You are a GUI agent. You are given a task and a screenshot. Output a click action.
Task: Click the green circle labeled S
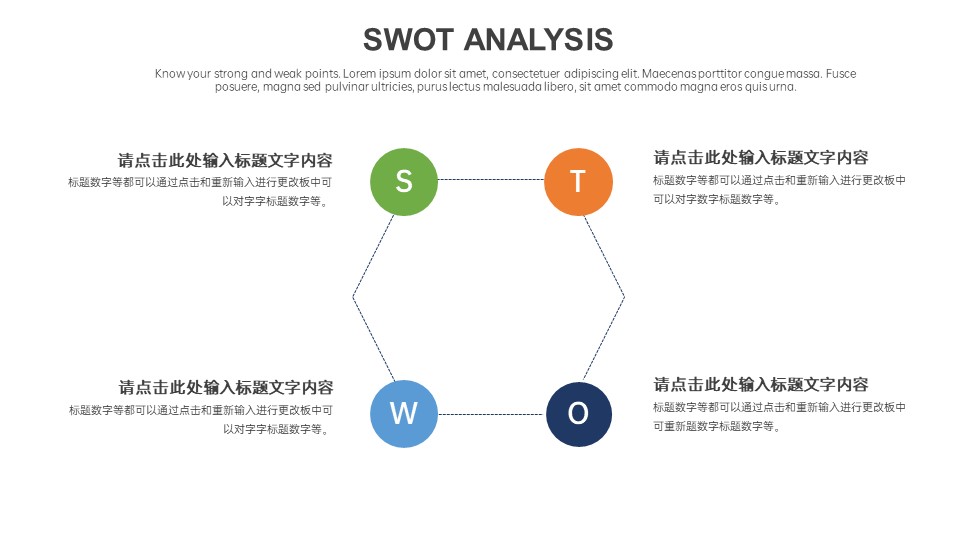pos(404,182)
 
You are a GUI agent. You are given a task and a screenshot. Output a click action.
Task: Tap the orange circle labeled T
pos(578,182)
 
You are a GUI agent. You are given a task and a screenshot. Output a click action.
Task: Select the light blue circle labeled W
pos(404,414)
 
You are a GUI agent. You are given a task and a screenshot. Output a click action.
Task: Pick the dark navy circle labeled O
pos(579,414)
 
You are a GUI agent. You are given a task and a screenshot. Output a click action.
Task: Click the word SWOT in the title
pos(408,39)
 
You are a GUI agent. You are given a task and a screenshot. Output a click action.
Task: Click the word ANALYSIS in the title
pos(538,39)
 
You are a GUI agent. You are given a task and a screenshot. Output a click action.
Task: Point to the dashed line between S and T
pos(491,179)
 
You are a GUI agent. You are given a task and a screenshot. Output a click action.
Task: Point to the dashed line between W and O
pos(491,414)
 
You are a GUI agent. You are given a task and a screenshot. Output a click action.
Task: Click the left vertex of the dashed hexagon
pos(353,296)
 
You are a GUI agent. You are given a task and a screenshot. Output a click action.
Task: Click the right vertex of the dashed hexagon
pos(624,297)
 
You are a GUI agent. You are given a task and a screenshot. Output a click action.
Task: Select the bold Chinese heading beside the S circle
pos(225,161)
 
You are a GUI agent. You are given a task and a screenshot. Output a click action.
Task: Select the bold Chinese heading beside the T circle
pos(761,157)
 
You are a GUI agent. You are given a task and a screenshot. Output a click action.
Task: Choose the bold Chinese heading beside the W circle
pos(226,387)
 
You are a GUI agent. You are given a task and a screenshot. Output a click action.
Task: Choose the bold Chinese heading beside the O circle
pos(761,384)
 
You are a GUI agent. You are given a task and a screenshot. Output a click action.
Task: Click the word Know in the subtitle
pos(169,74)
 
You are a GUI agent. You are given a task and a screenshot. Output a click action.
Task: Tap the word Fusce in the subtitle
pos(841,74)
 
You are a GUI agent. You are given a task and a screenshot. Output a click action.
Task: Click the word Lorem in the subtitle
pos(359,74)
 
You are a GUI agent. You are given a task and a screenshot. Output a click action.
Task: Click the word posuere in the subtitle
pos(236,87)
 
